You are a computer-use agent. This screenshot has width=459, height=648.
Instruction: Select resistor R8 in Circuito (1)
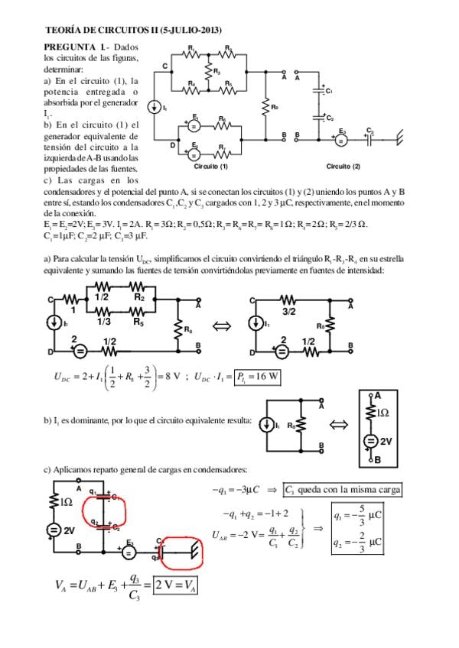pos(265,106)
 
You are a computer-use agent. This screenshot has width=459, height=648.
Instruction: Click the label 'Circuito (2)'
pos(342,166)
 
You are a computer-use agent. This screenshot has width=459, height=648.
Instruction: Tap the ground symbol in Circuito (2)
pos(398,138)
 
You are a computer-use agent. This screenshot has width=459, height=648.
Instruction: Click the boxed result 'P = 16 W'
pos(256,377)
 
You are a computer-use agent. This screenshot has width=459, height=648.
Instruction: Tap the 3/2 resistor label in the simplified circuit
pos(290,312)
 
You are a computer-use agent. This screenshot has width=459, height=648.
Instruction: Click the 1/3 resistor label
pos(103,322)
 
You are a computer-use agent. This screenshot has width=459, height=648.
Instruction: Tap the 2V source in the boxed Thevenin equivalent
pos(376,442)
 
